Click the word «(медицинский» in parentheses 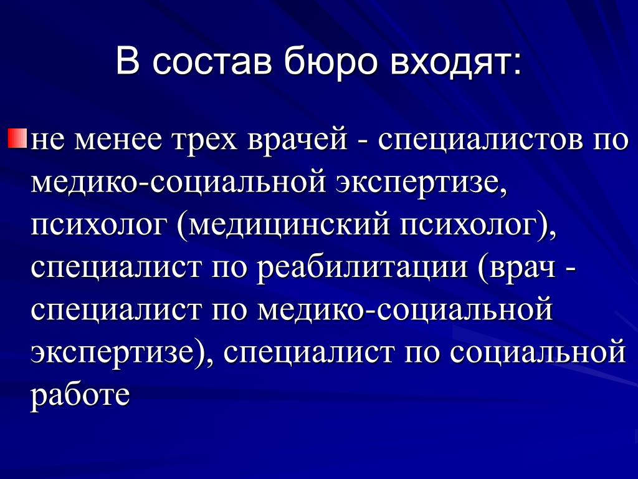point(283,226)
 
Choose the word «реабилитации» point(363,268)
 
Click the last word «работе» point(80,395)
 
